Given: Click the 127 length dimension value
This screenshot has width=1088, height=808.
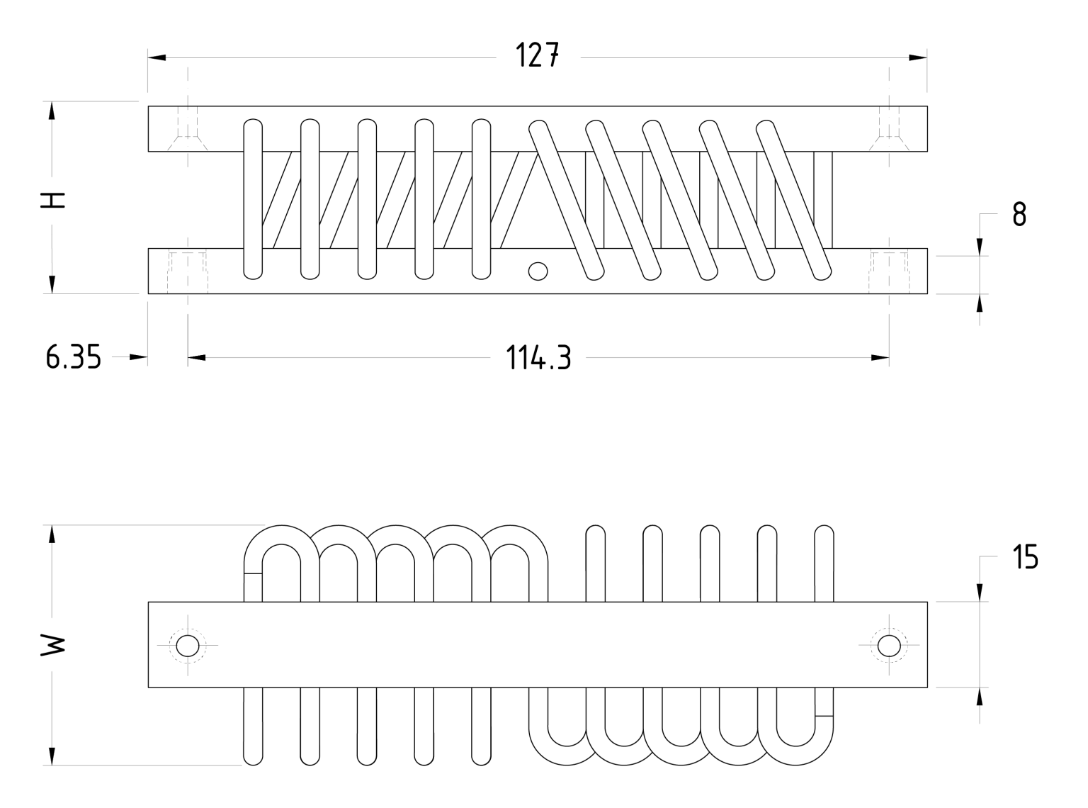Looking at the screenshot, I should [x=538, y=55].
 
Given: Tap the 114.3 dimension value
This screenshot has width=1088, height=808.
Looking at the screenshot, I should [x=538, y=359].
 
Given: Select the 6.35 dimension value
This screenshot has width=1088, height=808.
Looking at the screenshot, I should [x=73, y=358].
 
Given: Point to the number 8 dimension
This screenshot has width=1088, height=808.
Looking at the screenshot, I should [x=1019, y=214].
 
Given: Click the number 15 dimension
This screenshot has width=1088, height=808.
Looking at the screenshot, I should [x=1025, y=558].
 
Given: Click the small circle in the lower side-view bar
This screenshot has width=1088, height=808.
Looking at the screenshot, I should [x=538, y=270].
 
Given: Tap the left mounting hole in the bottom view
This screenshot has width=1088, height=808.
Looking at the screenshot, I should [x=188, y=646].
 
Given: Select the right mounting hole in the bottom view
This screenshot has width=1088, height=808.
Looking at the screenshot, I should [x=888, y=646].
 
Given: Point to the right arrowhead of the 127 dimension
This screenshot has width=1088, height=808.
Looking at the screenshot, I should [x=918, y=57].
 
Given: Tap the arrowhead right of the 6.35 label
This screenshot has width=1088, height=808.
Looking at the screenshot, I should [x=138, y=358].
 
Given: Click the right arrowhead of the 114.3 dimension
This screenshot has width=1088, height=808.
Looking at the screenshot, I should [x=880, y=358].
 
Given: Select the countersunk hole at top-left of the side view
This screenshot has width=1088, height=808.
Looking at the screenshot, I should [x=188, y=131].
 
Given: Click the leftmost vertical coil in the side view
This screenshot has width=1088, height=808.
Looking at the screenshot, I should [x=253, y=198].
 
